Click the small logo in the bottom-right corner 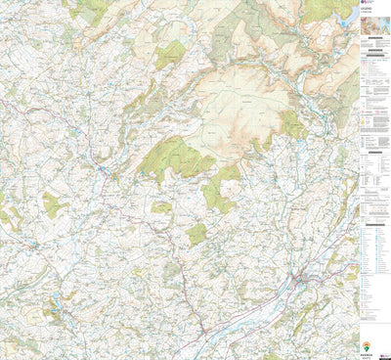point(382,351)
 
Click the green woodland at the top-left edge point(93,10)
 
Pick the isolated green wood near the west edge point(54,205)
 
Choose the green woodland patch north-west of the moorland point(169,54)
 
